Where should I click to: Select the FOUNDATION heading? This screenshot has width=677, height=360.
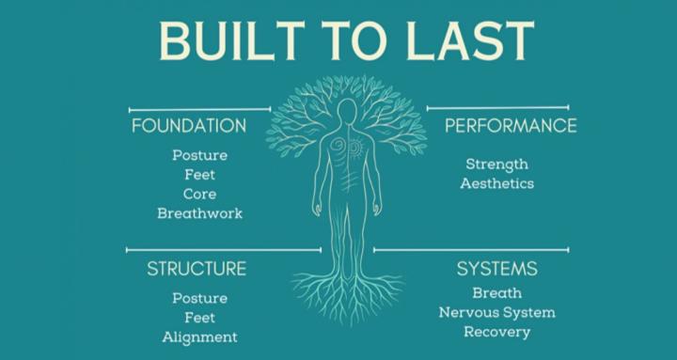tap(189, 126)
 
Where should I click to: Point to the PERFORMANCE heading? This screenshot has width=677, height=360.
tap(511, 126)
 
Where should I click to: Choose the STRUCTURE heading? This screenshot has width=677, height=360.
tap(196, 270)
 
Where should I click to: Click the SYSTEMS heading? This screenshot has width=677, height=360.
tap(497, 270)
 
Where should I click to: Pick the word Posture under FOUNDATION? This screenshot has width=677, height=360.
tap(199, 155)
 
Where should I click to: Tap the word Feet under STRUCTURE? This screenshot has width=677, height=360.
tap(199, 317)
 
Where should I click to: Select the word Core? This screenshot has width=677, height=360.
tap(199, 194)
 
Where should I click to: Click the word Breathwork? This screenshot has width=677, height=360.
tap(199, 213)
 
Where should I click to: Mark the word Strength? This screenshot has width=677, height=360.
tap(496, 164)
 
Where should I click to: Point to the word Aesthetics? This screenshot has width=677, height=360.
tap(496, 183)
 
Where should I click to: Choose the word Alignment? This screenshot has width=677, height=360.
tap(199, 337)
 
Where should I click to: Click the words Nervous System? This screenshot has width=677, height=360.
tap(496, 312)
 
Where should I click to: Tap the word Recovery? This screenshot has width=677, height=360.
tap(496, 332)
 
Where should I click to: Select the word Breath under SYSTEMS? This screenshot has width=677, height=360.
tap(496, 293)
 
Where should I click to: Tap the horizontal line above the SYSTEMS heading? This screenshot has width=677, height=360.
tap(470, 250)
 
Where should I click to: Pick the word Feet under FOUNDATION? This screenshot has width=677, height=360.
tap(199, 175)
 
